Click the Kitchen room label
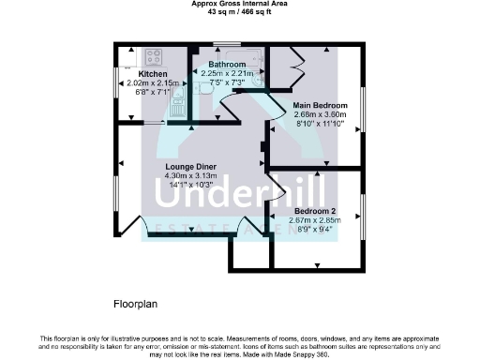pos(153,73)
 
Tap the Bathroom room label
pos(227,65)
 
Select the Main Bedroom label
pos(320,105)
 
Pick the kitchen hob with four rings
pos(126,54)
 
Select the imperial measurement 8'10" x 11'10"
pos(320,123)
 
